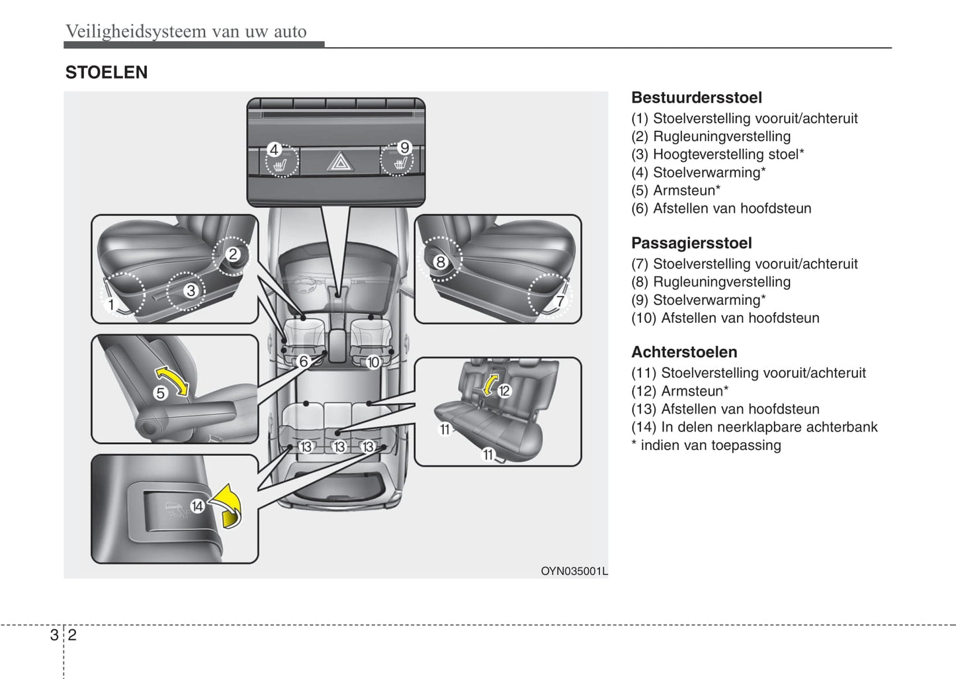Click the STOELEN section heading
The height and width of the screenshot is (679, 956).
[107, 72]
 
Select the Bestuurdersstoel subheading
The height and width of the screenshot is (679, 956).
[696, 97]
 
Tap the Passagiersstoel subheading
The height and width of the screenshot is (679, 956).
[691, 243]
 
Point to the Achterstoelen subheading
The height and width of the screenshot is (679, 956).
[684, 352]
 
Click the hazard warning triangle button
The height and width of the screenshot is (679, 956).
[339, 161]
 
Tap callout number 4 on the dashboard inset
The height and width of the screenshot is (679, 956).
[274, 150]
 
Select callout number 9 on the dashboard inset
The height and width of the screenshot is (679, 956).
[404, 148]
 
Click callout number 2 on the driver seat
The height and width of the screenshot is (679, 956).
[233, 254]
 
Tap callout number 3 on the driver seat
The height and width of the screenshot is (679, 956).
[191, 290]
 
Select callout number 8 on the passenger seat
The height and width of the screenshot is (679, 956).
[440, 262]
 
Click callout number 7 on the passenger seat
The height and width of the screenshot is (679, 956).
[560, 301]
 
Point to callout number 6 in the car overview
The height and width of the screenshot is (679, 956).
[304, 361]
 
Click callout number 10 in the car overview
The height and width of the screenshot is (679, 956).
[373, 362]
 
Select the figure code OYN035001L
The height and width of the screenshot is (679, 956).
[574, 571]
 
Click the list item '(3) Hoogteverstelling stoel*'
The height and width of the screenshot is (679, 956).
[717, 154]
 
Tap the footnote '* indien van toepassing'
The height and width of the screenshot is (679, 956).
[706, 445]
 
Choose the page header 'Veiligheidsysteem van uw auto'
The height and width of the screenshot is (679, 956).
[186, 31]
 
